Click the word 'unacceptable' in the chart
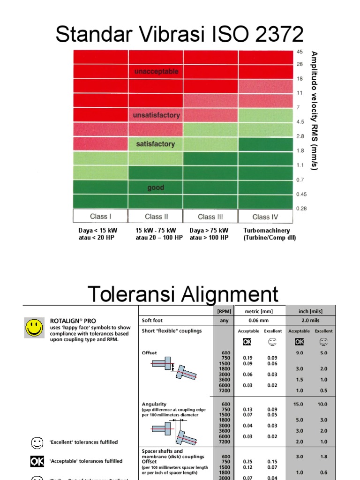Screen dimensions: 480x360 pos(156,72)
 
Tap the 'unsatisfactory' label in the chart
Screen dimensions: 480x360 pos(156,115)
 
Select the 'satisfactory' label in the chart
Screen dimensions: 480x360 pos(156,144)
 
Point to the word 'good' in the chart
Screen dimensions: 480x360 pos(156,187)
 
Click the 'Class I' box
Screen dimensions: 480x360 pos(100,217)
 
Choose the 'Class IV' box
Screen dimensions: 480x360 pos(265,217)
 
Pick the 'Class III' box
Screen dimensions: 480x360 pos(210,217)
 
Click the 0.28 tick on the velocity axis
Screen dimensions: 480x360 pos(301,209)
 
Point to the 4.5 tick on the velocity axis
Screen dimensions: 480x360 pos(300,122)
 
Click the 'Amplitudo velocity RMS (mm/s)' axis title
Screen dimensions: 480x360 pos(315,111)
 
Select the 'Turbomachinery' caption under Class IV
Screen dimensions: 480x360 pos(267,230)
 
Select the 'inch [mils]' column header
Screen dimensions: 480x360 pos(310,311)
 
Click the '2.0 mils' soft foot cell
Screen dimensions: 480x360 pos(310,321)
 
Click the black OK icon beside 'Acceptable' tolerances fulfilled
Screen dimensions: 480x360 pos(37,462)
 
